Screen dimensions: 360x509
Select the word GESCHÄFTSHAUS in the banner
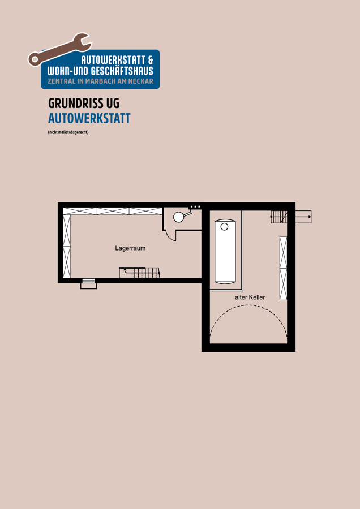(x=122, y=71)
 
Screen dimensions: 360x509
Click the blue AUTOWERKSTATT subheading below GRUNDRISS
(x=89, y=119)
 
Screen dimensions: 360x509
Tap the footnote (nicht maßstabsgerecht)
(x=68, y=132)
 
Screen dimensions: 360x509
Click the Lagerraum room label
(x=130, y=248)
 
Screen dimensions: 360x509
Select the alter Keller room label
(x=250, y=297)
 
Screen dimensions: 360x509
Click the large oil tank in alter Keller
(x=225, y=252)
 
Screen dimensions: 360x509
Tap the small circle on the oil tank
(x=225, y=227)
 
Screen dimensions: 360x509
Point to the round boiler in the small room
(x=178, y=217)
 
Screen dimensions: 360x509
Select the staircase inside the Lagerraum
(x=139, y=273)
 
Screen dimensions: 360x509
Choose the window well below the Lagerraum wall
(x=88, y=283)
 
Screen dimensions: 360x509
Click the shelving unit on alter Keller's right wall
(x=284, y=268)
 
